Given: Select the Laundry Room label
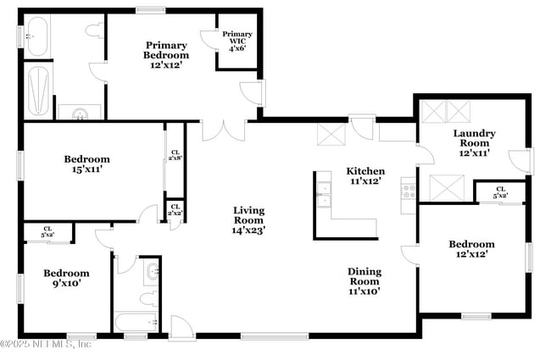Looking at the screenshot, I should [x=474, y=142].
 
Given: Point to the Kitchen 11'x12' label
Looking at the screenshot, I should [x=366, y=175].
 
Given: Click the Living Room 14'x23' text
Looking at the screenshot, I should [x=249, y=219].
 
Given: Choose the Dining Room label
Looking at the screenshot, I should [x=365, y=280].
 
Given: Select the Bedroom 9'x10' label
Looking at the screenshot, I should [x=66, y=278].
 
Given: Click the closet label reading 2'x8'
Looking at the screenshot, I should [x=175, y=155].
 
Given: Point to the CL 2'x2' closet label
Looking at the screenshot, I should [x=175, y=209].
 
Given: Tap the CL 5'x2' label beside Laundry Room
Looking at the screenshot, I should [x=500, y=192].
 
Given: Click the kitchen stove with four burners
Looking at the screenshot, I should [x=408, y=190].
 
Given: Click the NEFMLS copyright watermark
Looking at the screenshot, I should [x=47, y=343].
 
